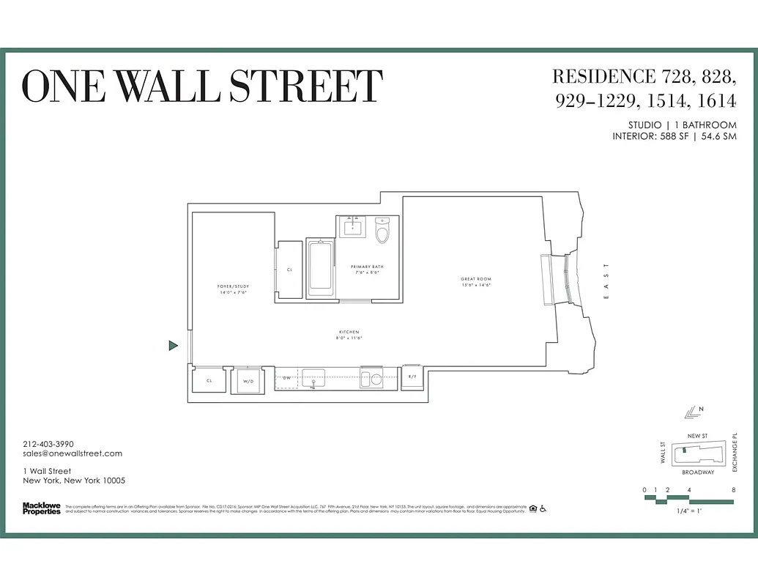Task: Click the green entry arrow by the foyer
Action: point(173,345)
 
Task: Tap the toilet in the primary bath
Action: point(382,231)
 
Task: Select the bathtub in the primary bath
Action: point(320,267)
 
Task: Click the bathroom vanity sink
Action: point(353,226)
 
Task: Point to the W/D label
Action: point(248,381)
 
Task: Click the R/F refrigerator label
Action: point(412,377)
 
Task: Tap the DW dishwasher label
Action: point(287,377)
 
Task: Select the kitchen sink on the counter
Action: point(313,379)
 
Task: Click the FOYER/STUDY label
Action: point(234,289)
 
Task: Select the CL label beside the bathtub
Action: point(289,270)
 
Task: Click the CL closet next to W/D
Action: point(209,381)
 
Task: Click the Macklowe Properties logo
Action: point(42,508)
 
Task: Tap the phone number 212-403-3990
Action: point(48,444)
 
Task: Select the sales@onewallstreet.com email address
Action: point(73,453)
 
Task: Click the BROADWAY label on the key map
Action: point(698,472)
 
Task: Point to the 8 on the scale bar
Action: point(732,489)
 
